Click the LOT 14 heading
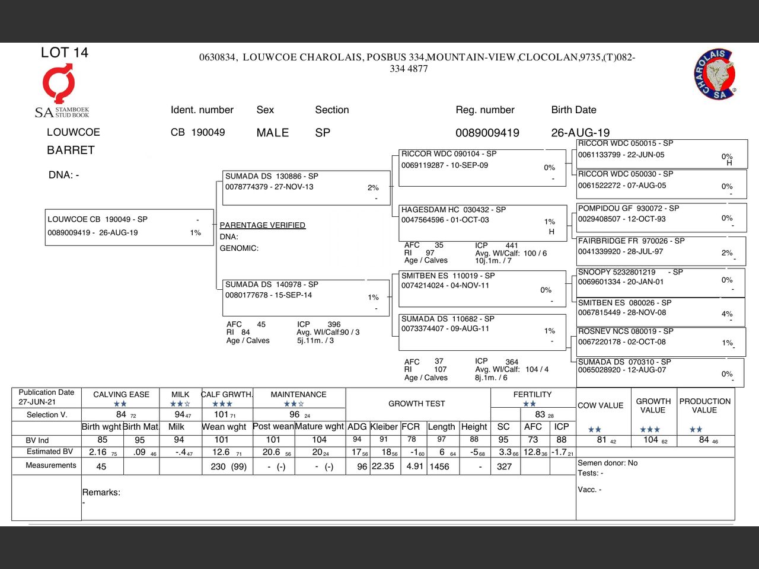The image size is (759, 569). point(64,53)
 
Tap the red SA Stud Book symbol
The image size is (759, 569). point(58,84)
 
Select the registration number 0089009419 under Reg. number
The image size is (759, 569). point(487,133)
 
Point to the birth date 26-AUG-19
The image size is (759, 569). point(580,133)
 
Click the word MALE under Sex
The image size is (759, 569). point(272,133)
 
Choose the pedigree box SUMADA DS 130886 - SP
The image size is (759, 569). point(305,187)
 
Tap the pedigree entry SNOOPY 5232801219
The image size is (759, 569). point(617,272)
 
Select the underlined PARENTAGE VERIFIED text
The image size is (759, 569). point(262,225)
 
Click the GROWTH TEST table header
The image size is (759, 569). point(416,404)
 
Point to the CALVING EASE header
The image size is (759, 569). point(121,395)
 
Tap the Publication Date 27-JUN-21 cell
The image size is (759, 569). point(46,397)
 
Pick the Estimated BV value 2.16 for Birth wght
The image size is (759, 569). point(98,452)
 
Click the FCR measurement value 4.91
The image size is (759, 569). point(414,466)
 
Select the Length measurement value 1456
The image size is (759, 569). point(439,466)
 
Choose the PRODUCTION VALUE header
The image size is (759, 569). point(704,405)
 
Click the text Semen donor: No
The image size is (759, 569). point(607,463)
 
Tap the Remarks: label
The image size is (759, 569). point(101,493)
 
